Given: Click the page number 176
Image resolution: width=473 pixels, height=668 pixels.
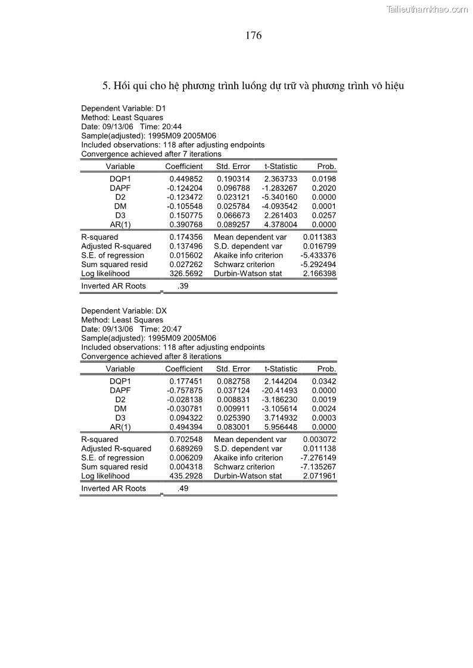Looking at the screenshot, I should (253, 36).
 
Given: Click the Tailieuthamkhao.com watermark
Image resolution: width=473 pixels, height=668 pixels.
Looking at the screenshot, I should (427, 9).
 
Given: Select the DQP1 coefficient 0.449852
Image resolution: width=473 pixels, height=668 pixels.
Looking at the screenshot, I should (186, 178).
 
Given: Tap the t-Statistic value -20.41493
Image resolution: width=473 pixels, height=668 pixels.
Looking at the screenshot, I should (279, 390).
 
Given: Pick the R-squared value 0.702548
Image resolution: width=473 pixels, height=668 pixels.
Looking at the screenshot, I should (186, 440).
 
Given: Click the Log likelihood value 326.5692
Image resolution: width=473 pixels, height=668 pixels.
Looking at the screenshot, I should (186, 274).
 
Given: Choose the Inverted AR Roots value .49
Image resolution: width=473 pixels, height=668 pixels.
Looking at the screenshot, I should (183, 488).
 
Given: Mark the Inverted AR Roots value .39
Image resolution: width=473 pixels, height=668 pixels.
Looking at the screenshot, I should (183, 286).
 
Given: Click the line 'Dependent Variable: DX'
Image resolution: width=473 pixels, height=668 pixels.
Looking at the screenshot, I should (122, 311).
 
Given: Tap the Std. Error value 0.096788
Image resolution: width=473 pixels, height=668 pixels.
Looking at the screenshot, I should (234, 188).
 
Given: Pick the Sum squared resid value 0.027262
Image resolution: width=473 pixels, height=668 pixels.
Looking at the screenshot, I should (186, 265).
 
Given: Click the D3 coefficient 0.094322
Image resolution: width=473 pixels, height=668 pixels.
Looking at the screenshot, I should (186, 418).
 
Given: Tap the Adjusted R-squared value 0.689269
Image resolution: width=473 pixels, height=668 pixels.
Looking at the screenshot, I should (186, 449).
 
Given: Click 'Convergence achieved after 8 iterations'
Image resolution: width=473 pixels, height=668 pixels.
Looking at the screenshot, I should (151, 356).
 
